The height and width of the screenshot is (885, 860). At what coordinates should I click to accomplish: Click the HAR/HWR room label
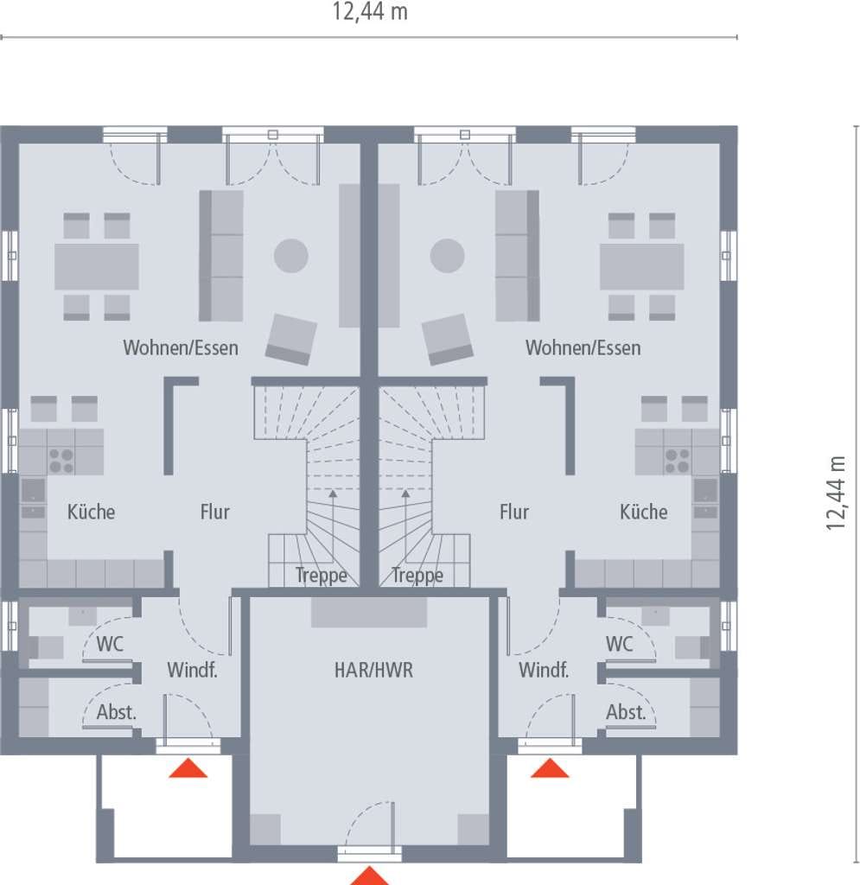(373, 670)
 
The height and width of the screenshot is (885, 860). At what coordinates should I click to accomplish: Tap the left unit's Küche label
(91, 512)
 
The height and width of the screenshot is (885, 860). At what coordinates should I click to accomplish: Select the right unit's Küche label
(643, 512)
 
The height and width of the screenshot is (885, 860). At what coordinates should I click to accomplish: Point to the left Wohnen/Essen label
(181, 347)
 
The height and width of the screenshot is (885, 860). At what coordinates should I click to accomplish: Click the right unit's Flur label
(514, 512)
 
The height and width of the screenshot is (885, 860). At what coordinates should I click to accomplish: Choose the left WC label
(110, 644)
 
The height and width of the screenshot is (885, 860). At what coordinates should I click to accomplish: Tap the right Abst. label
(626, 712)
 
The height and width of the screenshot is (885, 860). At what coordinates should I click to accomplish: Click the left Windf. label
(192, 670)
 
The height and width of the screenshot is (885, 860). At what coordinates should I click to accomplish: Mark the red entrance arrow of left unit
(188, 768)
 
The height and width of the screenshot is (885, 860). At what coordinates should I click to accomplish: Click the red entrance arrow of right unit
(550, 768)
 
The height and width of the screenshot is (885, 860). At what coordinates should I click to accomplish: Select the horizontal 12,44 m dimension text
(370, 12)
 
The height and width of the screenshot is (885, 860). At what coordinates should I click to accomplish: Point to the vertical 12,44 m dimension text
(836, 493)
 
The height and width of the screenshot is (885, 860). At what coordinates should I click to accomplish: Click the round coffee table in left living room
(291, 256)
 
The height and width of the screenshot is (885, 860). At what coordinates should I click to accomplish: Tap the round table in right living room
(447, 256)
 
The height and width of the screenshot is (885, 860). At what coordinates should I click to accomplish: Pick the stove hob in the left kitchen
(61, 460)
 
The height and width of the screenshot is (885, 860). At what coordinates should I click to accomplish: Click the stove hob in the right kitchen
(677, 460)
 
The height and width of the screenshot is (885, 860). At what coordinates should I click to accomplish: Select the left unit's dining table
(97, 266)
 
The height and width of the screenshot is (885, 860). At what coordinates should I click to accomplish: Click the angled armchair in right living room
(448, 339)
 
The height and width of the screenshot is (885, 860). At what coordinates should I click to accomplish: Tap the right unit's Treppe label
(417, 575)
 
